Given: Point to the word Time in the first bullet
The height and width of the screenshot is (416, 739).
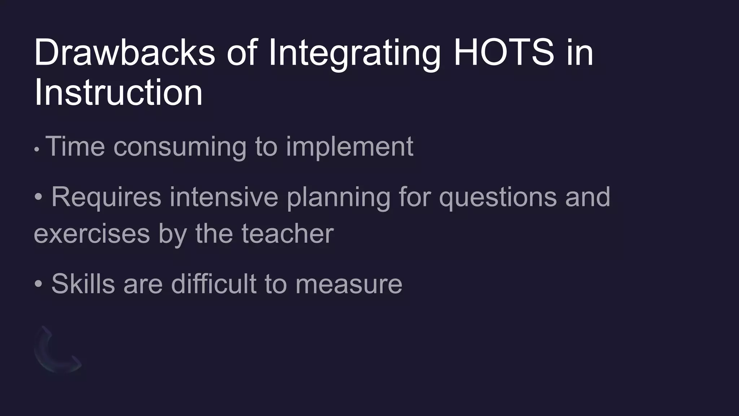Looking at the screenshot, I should coord(75,146).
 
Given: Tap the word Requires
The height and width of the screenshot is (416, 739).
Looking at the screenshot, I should coord(106,198).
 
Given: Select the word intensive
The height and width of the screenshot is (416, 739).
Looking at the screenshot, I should coord(224,197).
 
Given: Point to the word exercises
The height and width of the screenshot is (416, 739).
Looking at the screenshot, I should coord(92,234).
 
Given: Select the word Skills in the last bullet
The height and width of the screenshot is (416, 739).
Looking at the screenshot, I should coord(83,284).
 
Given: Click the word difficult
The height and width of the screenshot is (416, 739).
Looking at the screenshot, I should coord(214,284).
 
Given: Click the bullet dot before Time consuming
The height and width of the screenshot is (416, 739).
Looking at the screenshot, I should coord(36,149).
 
